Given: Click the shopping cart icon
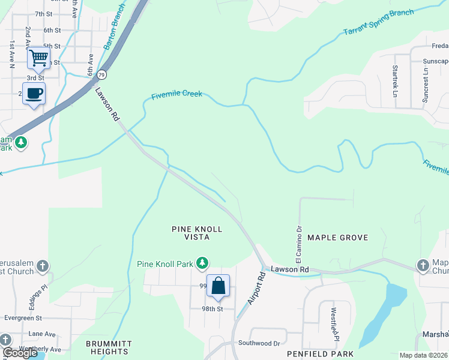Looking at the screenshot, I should click(x=38, y=58).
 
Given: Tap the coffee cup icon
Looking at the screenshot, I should click(x=34, y=94).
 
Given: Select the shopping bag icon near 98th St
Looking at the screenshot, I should click(x=218, y=286).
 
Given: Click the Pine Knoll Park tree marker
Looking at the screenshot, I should click(x=203, y=263).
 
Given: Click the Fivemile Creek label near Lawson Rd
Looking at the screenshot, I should click(x=176, y=95).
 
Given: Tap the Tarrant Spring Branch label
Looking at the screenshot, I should click(x=378, y=22).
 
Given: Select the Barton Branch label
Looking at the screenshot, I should click(x=114, y=26).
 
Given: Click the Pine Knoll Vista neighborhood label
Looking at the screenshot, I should click(x=197, y=233).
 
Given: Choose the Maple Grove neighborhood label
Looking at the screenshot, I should click(x=337, y=238).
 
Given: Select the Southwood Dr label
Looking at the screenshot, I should click(x=259, y=343).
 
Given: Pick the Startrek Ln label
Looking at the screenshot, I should click(x=395, y=81).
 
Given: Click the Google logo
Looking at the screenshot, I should click(x=20, y=353).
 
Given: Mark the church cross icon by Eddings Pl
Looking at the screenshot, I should click(x=42, y=265).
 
